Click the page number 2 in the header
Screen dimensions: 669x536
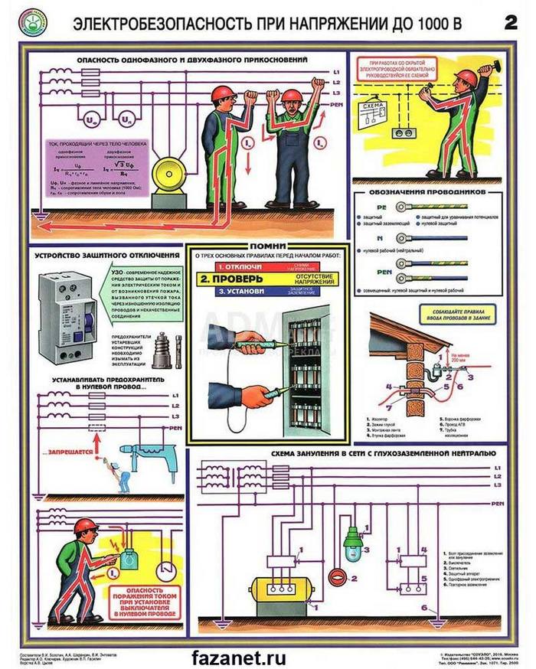coord(509,22)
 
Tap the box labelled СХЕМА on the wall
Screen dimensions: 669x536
coord(377,113)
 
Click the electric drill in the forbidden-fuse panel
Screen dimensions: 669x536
coord(152,459)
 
